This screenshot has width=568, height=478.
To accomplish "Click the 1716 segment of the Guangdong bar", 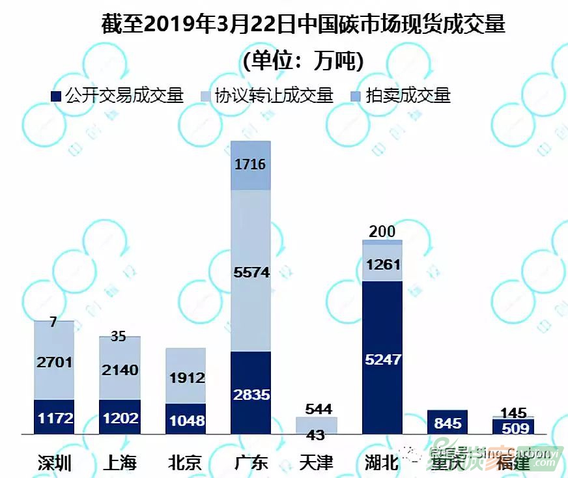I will pos(251,165).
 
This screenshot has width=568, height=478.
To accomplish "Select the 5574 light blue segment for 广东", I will pos(251,270).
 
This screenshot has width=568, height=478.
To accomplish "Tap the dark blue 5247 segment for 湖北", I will pos(382,358).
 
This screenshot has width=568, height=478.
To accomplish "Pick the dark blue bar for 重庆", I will pos(447,422).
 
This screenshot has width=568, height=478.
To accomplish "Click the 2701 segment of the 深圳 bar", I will pos(54,360).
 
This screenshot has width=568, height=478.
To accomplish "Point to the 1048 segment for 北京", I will pos(186,419).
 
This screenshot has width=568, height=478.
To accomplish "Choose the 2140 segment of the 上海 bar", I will pos(120,368).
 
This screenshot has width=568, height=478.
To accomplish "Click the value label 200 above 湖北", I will pos(382,231).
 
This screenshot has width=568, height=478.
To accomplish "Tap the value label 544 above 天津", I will pos(318,409).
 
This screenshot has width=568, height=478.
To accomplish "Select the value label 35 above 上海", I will pos(118,337).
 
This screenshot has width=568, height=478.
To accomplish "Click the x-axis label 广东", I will pos(251,462).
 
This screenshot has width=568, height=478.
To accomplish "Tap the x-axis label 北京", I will pos(185,462).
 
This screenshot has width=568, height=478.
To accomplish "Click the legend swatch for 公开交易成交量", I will pos(57,96).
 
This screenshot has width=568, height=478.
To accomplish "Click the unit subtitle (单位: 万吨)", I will pos(303,61).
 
